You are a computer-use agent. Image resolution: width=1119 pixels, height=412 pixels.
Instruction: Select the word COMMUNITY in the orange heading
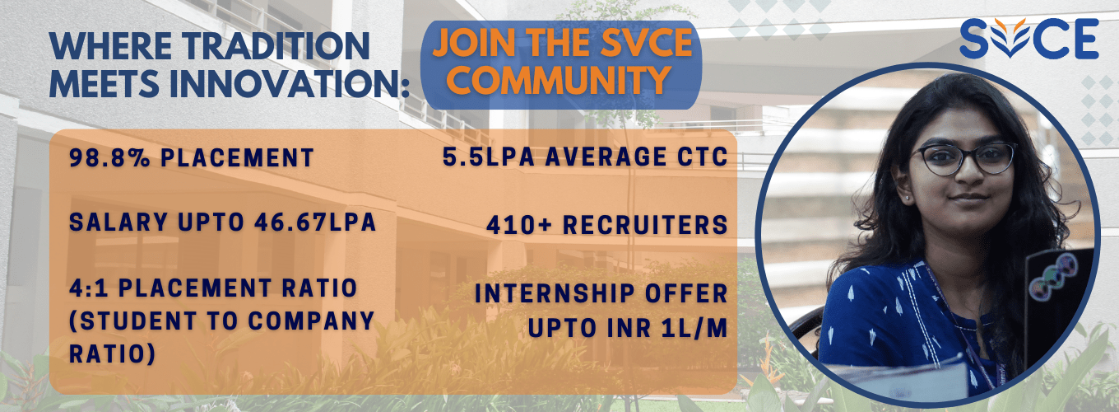click(559, 80)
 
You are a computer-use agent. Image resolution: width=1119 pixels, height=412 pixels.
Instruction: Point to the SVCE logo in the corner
click(1029, 39)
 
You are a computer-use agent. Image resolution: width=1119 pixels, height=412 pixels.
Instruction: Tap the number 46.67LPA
click(315, 222)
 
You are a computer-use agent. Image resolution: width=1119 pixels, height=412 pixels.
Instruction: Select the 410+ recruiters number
click(519, 225)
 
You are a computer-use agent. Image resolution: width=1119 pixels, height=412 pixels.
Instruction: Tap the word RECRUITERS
click(645, 225)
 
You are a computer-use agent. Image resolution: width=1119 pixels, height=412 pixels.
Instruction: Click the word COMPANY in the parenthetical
click(311, 321)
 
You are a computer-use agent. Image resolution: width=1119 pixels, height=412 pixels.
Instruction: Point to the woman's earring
click(908, 199)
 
